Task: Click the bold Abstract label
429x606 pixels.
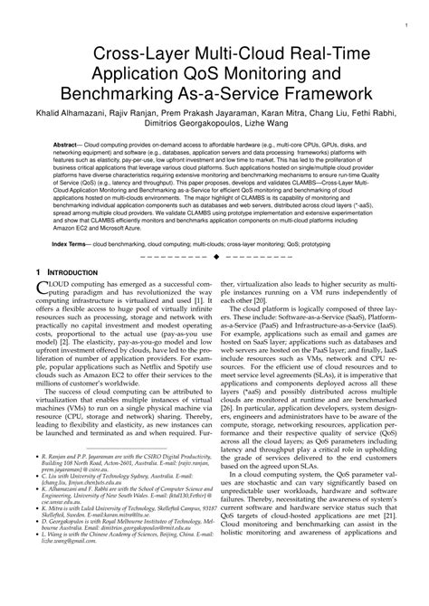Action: [68, 145]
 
